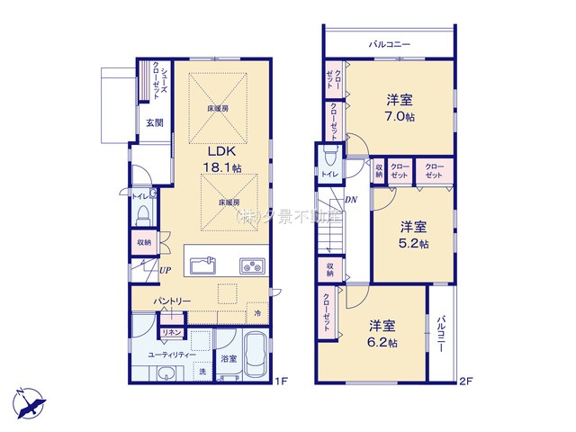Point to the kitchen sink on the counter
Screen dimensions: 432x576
[202, 265]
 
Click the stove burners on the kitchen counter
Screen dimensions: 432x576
[251, 265]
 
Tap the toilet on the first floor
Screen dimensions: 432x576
[143, 214]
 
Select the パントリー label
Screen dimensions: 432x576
[169, 299]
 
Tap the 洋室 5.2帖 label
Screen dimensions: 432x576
[414, 234]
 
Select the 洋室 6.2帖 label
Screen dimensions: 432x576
[382, 332]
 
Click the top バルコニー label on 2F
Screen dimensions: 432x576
[390, 42]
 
